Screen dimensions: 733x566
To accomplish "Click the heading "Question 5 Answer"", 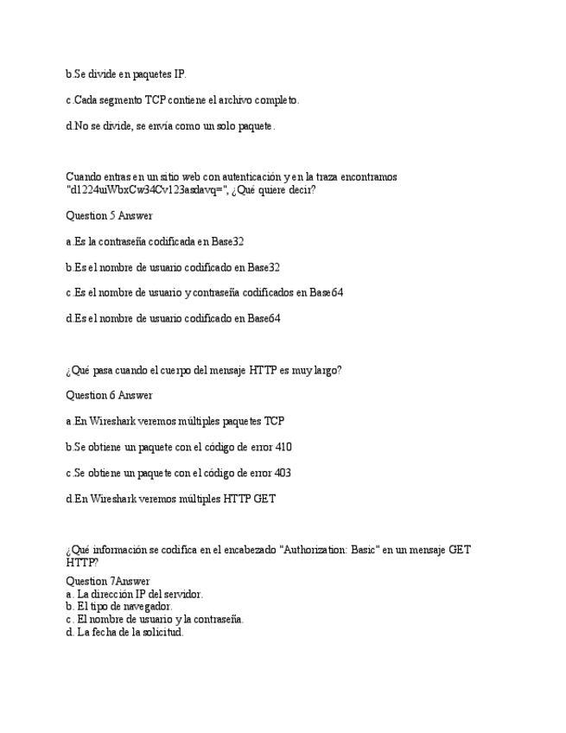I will (109, 215).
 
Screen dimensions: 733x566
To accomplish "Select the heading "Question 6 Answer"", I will (109, 395).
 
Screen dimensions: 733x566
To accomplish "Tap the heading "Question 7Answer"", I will (107, 581).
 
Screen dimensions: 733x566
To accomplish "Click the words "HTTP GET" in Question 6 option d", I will (250, 499).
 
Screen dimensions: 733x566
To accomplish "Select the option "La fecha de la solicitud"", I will (130, 632).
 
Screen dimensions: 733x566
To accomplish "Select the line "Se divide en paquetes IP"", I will (126, 74).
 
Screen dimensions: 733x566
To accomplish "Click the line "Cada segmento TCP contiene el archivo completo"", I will (182, 100).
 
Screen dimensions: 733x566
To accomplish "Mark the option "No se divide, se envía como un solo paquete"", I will (170, 126).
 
